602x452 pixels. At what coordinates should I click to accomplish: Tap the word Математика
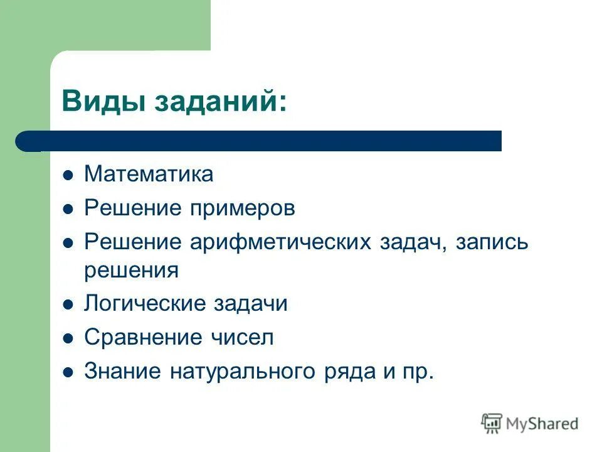(149, 174)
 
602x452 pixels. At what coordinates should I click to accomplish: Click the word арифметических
(281, 242)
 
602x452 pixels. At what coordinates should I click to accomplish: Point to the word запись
(491, 242)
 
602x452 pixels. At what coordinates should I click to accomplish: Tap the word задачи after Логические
(250, 304)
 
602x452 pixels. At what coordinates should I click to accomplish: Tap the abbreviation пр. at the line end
(417, 372)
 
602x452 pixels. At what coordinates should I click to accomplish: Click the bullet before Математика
(68, 175)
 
